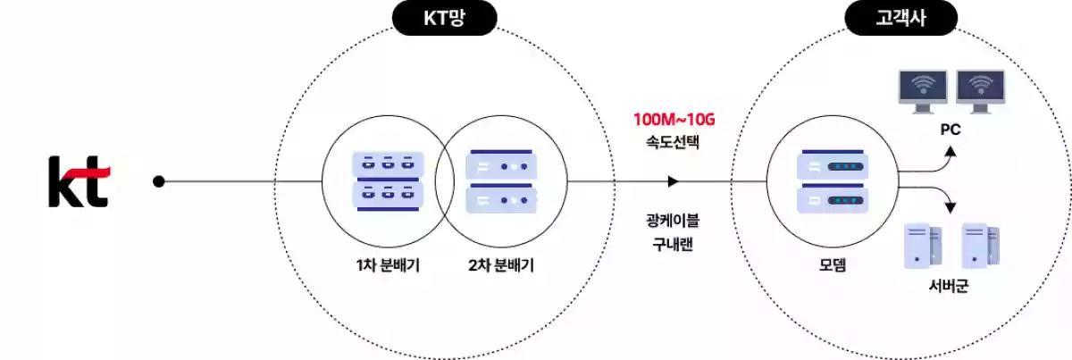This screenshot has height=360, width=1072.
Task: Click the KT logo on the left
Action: pos(79,181)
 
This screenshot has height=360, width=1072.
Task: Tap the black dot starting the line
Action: pos(159,181)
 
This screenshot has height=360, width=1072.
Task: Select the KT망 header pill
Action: pos(443,17)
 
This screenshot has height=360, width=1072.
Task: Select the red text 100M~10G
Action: pos(674,118)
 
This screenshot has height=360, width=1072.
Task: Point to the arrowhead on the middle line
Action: pos(673,181)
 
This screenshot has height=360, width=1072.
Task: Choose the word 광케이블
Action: pos(674,221)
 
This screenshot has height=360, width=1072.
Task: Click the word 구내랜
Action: pos(674,242)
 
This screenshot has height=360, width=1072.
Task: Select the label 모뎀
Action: pos(831,265)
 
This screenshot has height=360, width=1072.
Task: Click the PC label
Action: pos(951,130)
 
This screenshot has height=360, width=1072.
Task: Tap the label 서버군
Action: pos(949,288)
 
